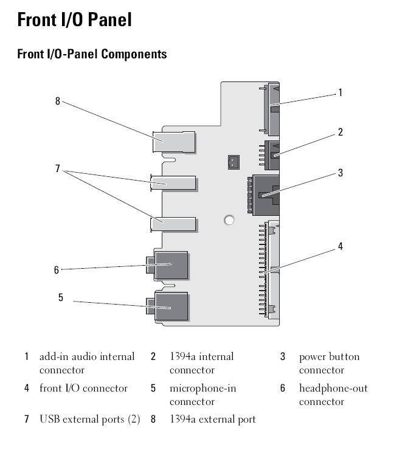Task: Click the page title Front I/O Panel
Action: [x=74, y=20]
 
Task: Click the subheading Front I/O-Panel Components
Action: [x=92, y=54]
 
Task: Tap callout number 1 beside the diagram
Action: [x=340, y=93]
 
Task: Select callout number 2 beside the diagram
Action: [x=341, y=132]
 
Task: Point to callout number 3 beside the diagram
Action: [x=341, y=173]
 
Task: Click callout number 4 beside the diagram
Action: [x=341, y=246]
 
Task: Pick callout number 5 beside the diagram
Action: [x=60, y=298]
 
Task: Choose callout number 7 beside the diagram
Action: [x=58, y=168]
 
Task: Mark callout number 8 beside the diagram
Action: [x=58, y=102]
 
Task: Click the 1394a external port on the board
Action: [x=174, y=143]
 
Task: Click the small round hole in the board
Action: [x=229, y=219]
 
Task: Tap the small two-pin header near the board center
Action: [x=232, y=162]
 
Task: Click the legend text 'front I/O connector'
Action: [x=83, y=388]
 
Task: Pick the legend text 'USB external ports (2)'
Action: [x=90, y=419]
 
